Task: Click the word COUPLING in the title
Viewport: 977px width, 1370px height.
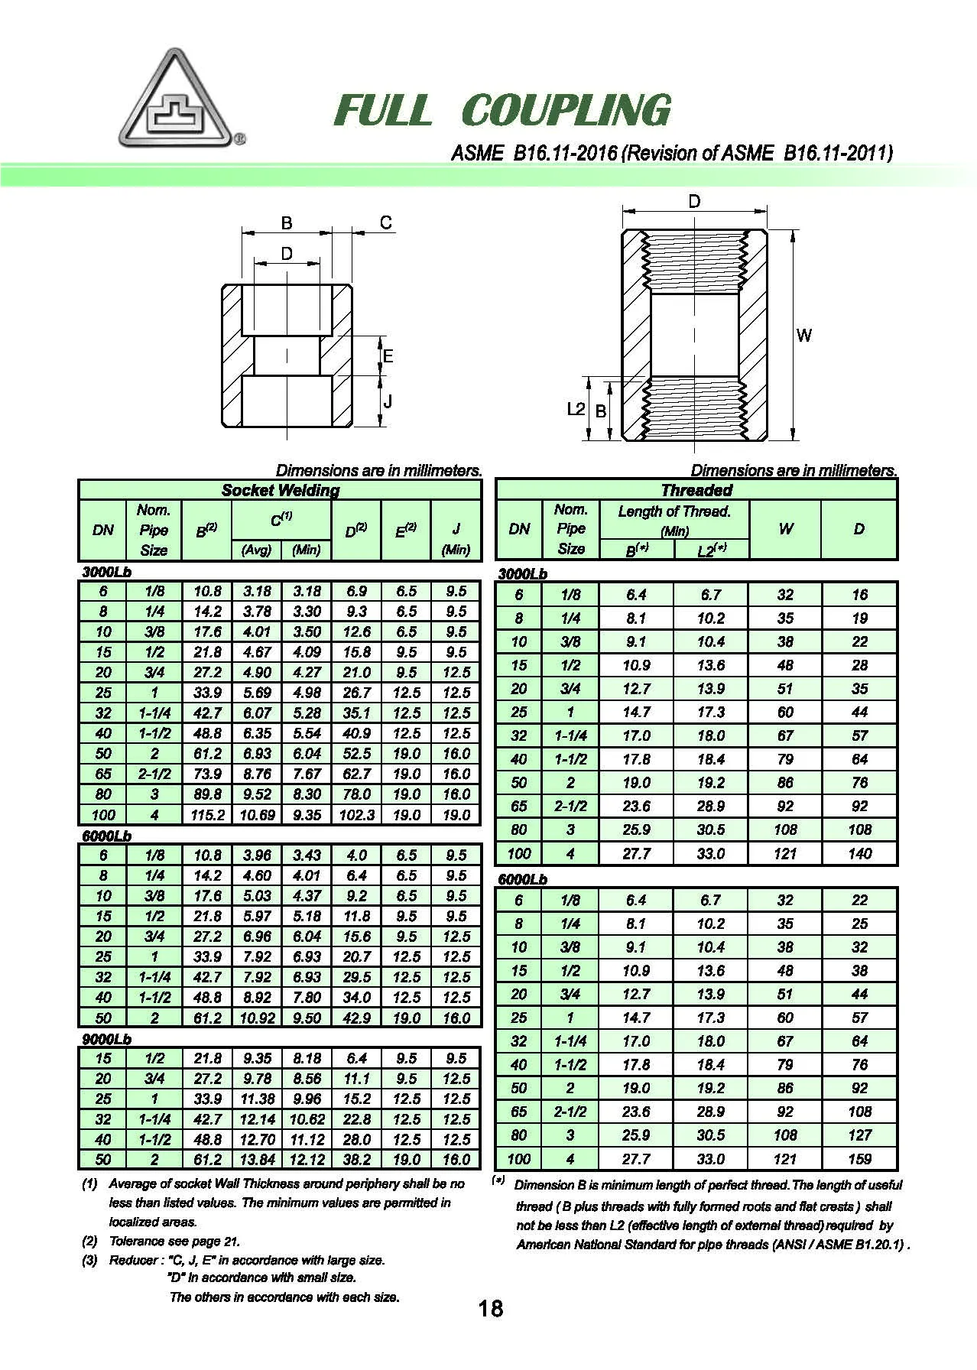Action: [566, 110]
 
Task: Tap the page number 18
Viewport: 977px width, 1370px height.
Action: [490, 1308]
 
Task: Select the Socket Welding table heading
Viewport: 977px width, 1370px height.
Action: [280, 490]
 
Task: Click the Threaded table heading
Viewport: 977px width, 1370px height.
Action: [696, 490]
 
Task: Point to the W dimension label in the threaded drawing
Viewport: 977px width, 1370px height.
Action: [803, 335]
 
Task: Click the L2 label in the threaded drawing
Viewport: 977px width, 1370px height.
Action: [576, 409]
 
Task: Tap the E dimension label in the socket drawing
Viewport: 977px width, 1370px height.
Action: [388, 356]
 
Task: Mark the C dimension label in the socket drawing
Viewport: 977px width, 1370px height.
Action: [386, 222]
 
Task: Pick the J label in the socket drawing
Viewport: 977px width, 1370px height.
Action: [388, 401]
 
